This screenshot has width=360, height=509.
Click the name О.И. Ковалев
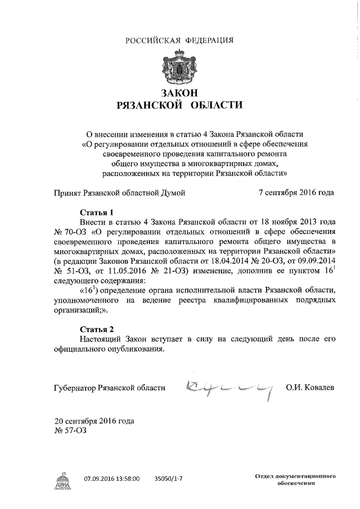tap(310, 388)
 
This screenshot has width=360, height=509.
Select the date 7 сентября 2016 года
tap(295, 192)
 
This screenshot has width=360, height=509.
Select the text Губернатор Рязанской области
tap(110, 388)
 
